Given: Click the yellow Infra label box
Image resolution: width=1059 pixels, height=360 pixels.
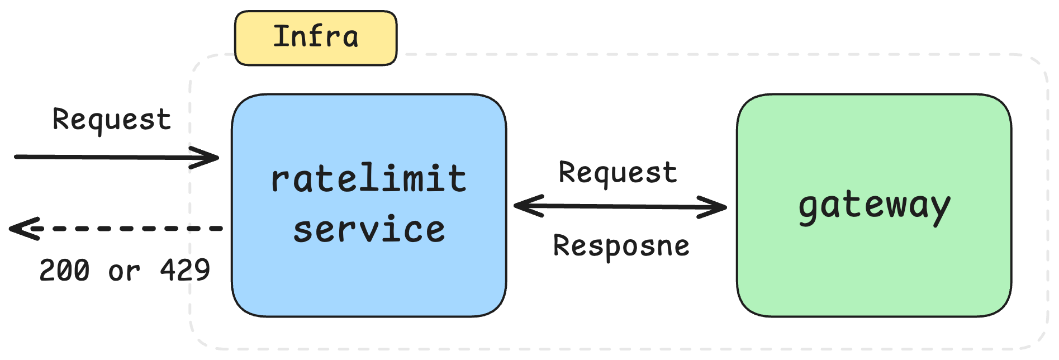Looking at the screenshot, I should (x=316, y=38).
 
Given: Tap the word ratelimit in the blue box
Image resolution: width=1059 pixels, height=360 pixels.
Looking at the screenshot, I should (x=368, y=179).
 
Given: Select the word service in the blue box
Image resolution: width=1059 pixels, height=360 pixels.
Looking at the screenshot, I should (x=369, y=230).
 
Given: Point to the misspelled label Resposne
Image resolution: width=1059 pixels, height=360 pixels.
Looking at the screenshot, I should (x=621, y=246).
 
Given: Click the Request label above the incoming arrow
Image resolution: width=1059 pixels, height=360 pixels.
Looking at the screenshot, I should (x=111, y=120).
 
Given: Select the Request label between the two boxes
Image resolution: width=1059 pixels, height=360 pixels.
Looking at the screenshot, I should (x=618, y=172).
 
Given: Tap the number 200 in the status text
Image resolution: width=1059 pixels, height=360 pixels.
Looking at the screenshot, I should (x=64, y=271).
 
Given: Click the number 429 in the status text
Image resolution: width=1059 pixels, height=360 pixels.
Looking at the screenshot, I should (x=185, y=271).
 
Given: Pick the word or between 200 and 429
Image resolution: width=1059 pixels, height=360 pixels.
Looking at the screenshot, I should (x=124, y=272).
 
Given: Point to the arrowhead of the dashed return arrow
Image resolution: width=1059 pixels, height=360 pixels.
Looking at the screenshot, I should (x=20, y=228).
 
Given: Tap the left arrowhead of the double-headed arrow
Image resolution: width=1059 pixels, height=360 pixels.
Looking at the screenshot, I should (x=523, y=206).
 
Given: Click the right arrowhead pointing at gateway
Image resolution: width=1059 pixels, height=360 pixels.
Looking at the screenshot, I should (x=718, y=207).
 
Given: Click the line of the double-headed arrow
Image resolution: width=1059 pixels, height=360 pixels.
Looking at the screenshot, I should (x=620, y=206).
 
